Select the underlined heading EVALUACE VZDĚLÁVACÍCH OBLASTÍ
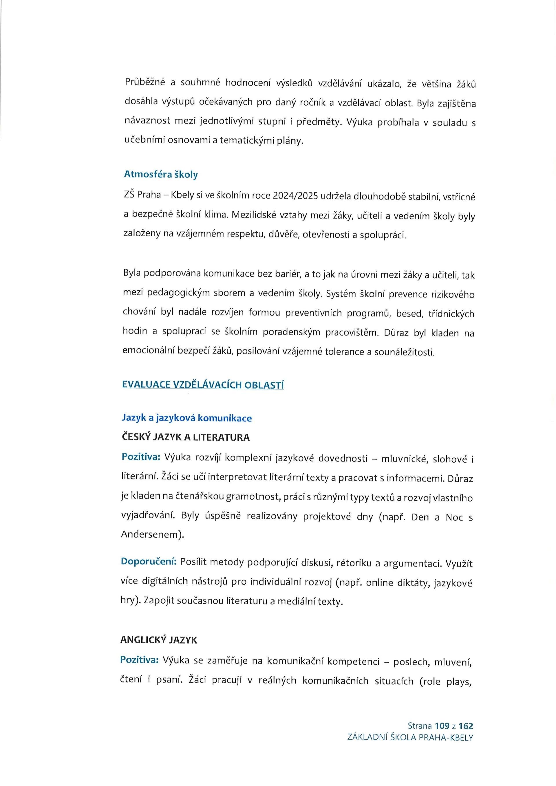tap(203, 384)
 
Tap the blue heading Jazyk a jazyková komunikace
tap(186, 418)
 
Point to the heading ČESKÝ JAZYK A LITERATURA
tap(186, 437)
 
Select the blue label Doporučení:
tap(149, 561)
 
